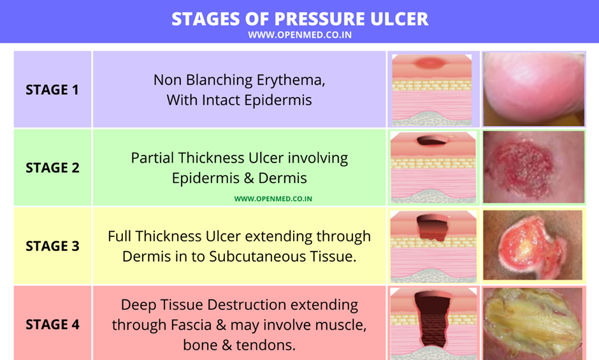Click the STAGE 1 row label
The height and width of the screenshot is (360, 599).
coord(52,90)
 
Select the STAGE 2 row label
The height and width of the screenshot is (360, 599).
coord(52,168)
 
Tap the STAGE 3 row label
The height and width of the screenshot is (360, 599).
coord(52,246)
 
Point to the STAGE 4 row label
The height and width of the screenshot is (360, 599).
coord(52,324)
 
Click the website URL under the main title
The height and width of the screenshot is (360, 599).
coord(300,35)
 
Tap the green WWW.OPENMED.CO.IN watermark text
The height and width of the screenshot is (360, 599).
coord(273,199)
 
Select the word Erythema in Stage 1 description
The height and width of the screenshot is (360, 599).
coord(291,80)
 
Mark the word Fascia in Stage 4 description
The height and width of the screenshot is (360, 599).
coord(191,325)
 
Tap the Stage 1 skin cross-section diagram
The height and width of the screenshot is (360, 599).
coord(432,90)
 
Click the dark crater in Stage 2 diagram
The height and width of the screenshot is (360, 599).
coord(432,141)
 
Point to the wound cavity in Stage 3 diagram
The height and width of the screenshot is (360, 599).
coord(433,227)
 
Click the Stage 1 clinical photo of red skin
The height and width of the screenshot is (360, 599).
coord(533,89)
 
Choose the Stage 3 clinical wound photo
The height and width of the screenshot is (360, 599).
coord(533,245)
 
